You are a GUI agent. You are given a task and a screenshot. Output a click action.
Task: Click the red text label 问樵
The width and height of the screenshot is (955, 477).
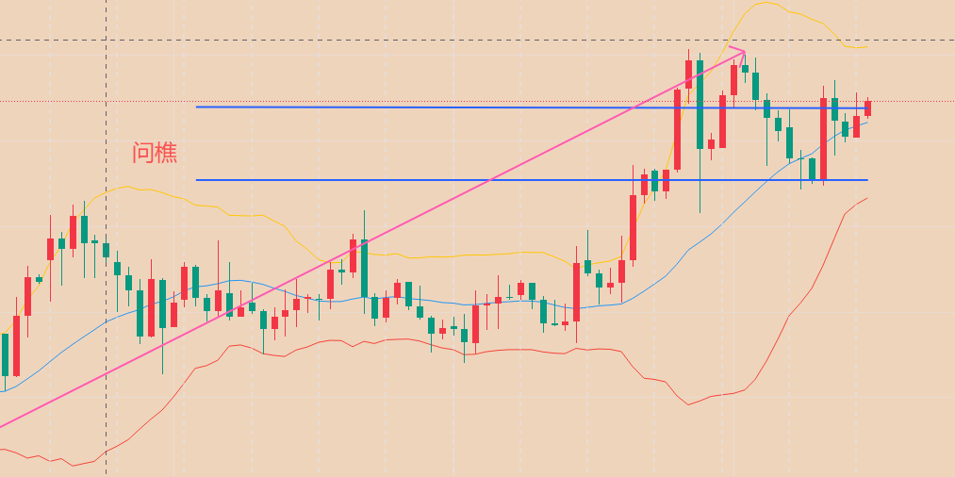pos(155,153)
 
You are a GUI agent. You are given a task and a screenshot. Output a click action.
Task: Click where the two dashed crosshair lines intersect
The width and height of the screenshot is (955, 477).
pos(106,41)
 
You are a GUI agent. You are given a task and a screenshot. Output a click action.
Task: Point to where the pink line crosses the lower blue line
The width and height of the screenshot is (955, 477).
pos(492,179)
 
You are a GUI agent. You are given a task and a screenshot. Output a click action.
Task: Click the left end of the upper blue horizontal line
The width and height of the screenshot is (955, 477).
pos(197,107)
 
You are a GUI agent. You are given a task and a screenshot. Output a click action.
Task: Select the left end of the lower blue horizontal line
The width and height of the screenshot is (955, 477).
pos(197,179)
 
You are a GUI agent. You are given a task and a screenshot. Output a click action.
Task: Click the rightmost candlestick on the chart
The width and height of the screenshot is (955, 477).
pos(867,107)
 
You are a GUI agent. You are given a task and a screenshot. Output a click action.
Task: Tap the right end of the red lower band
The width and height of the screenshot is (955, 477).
pos(865,198)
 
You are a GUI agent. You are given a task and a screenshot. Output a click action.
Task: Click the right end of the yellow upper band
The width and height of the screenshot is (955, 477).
pos(865,46)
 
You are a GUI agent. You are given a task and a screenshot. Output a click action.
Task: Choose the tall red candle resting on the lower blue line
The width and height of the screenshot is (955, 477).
pos(823,138)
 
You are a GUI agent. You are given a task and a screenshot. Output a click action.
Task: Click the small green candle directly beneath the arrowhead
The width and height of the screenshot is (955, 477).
pos(745,67)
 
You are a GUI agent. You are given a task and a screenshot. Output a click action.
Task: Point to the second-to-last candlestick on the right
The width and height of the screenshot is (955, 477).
pos(856,126)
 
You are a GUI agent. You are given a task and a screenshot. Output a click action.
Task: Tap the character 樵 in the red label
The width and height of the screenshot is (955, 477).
pos(166,153)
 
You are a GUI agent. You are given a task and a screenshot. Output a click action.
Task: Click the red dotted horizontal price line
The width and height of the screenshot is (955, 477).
pos(471,101)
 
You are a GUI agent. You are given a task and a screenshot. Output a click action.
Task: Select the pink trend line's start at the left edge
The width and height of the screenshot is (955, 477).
pos(2,425)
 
